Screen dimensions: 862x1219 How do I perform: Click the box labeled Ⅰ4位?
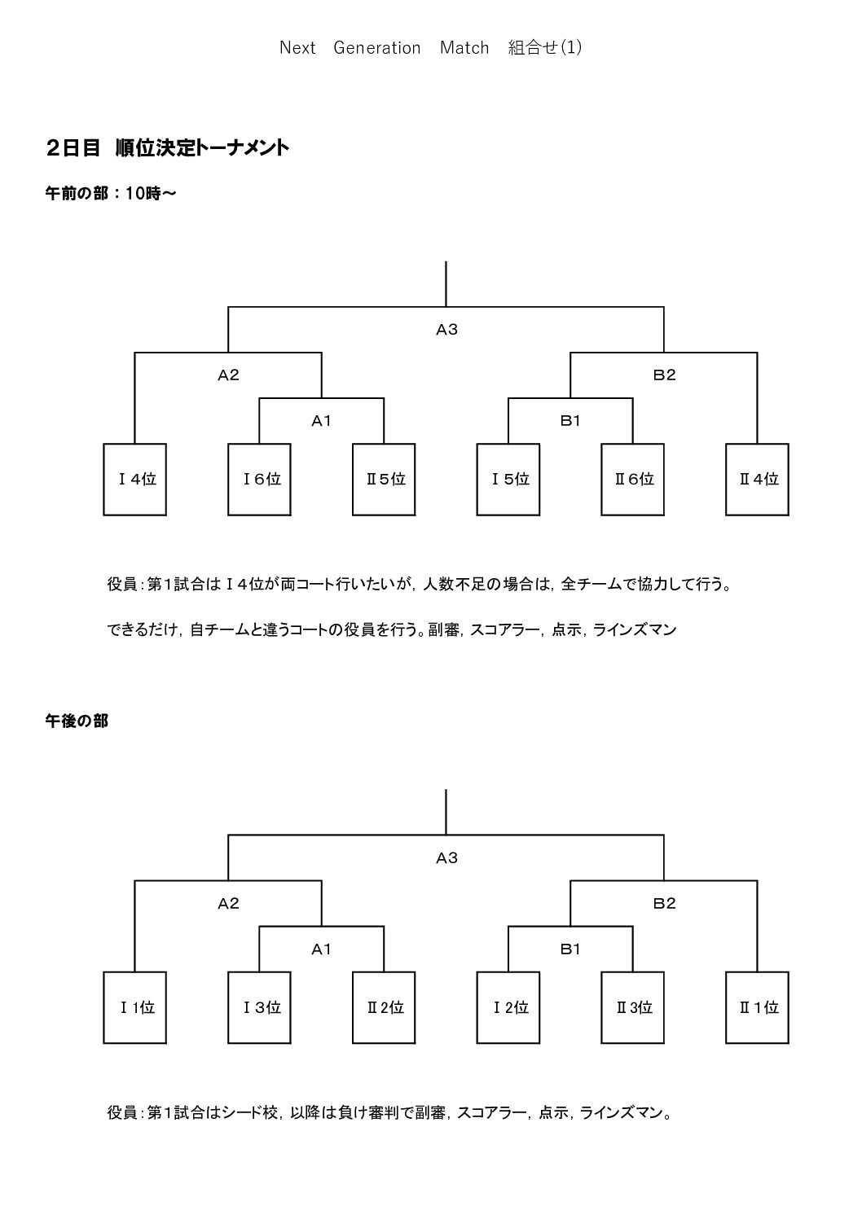[134, 479]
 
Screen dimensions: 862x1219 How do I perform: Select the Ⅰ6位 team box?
[259, 479]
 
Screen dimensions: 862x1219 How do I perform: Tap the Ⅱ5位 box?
[384, 479]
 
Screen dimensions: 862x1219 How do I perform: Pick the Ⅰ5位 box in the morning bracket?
[508, 479]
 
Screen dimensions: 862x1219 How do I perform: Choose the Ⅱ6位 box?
[633, 479]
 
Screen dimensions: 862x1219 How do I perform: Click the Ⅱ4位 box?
[757, 479]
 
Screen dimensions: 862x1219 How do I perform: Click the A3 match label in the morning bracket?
[446, 329]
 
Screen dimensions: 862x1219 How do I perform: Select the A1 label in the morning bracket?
[321, 421]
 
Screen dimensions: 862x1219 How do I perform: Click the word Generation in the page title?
[376, 48]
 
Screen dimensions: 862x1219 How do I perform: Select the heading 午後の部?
[77, 721]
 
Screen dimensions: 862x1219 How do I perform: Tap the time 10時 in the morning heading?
[143, 193]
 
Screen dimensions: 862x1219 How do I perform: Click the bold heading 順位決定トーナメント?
[202, 148]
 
